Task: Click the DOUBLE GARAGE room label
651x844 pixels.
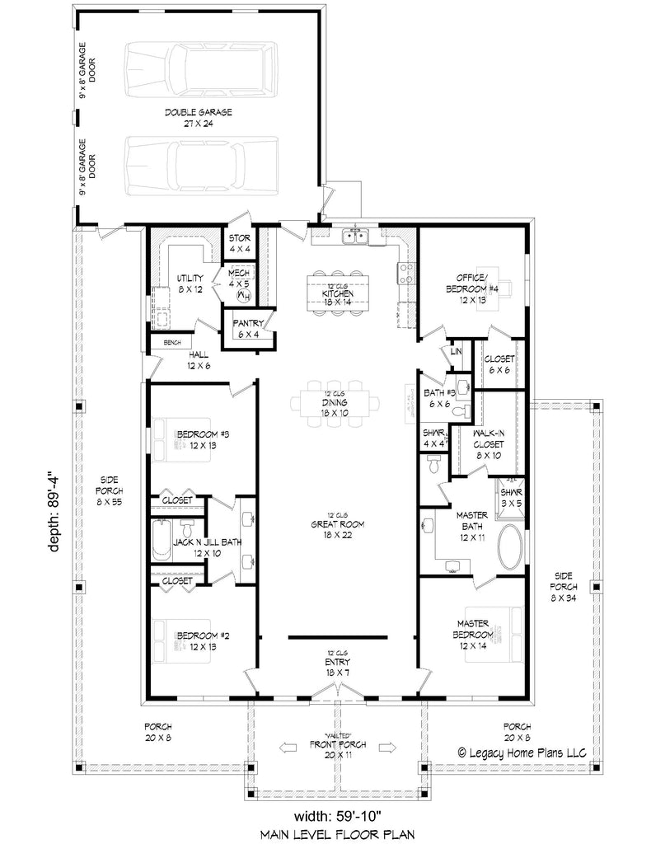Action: click(197, 116)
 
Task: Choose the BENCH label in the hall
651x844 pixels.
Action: click(171, 343)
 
